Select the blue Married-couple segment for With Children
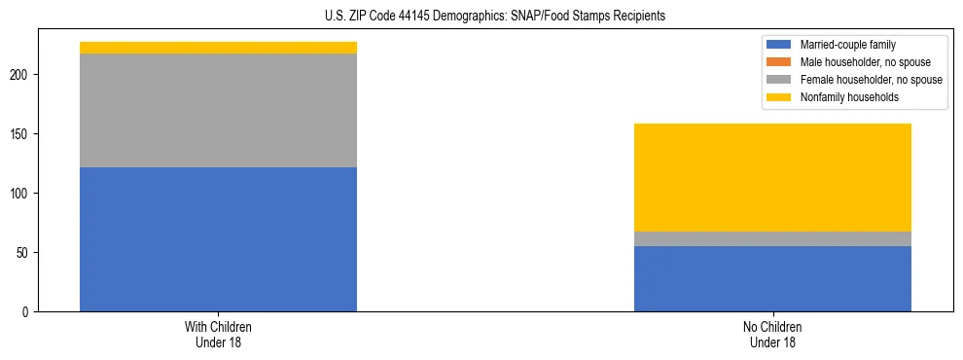[218, 239]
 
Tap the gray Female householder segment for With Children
[218, 110]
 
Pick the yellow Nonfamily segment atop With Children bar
[218, 48]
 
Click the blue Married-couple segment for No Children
[772, 278]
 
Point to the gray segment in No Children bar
[772, 238]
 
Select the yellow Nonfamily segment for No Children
[772, 177]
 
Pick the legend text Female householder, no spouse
[871, 80]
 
